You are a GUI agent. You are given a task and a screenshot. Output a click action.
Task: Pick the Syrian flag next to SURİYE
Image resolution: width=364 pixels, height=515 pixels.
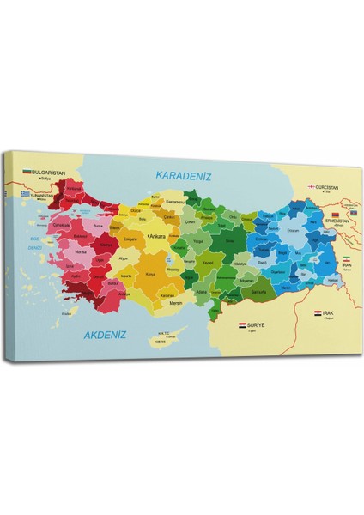pos(242,326)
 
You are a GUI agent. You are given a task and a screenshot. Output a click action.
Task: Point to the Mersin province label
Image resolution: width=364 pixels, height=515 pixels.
pos(177,301)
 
